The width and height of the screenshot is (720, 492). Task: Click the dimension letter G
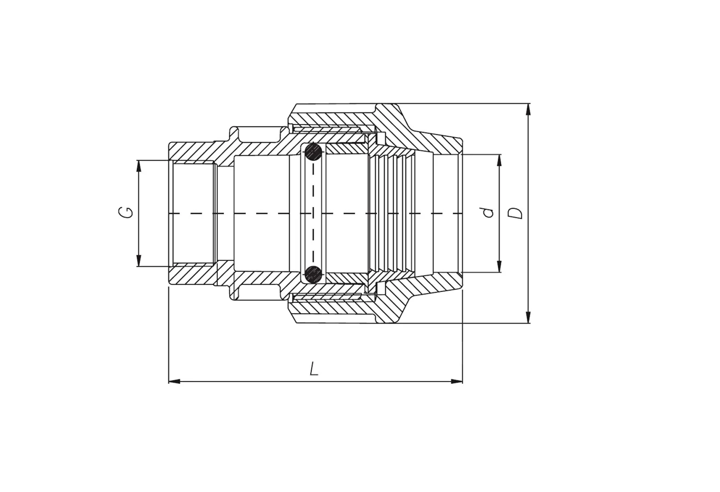[126, 213]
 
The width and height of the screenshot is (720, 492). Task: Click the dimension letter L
[313, 368]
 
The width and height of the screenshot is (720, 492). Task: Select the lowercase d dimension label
[489, 213]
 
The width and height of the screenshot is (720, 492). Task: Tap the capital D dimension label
[515, 213]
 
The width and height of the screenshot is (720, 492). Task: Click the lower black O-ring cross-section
[313, 274]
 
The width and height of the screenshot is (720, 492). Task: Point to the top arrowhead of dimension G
[139, 166]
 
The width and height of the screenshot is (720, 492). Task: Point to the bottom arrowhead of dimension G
[139, 260]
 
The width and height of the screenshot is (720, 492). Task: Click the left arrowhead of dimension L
[175, 381]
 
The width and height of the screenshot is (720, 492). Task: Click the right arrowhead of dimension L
[456, 381]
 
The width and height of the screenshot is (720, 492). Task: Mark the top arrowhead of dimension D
[528, 109]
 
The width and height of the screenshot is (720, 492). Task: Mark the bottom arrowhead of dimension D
[528, 317]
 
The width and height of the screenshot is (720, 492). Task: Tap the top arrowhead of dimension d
[499, 160]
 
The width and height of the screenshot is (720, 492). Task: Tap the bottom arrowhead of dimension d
[499, 266]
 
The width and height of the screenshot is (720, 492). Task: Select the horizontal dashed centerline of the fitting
[316, 213]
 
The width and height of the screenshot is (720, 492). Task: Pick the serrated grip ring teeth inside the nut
[392, 214]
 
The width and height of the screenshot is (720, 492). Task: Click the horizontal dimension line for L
[316, 381]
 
